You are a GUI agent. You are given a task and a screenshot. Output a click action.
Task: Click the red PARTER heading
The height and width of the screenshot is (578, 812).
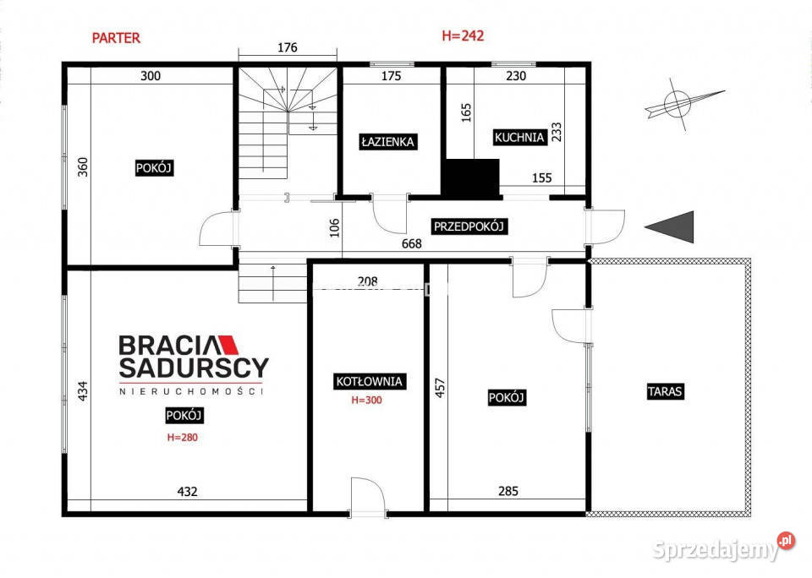click(x=116, y=38)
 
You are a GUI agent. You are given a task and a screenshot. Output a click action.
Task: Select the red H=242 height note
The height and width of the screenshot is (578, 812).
click(x=463, y=35)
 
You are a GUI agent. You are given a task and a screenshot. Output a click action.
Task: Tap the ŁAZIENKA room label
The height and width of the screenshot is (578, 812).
click(x=388, y=142)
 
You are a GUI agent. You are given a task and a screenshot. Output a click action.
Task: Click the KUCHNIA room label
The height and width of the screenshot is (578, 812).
click(x=519, y=138)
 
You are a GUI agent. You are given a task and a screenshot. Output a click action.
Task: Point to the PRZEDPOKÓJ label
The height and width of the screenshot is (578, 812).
click(x=469, y=226)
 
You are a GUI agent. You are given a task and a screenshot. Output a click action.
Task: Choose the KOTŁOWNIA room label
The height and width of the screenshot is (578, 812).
click(x=369, y=382)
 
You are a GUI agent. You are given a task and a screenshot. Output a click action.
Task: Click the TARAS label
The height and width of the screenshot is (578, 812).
click(x=665, y=391)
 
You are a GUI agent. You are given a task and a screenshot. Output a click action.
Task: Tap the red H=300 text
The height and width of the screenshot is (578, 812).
click(x=366, y=400)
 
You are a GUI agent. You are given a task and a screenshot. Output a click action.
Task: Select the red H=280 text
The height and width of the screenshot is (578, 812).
click(x=183, y=437)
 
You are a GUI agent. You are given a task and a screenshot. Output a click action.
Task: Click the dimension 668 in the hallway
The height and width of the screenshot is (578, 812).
click(x=412, y=243)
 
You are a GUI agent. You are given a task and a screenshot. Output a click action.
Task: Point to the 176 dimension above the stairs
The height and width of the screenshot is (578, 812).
click(x=288, y=47)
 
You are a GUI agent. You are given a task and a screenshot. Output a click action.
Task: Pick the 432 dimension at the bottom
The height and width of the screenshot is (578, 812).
click(x=188, y=492)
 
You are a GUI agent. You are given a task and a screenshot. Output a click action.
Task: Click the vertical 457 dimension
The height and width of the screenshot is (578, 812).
click(x=440, y=388)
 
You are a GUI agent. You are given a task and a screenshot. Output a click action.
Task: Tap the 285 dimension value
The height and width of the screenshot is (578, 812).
click(x=508, y=491)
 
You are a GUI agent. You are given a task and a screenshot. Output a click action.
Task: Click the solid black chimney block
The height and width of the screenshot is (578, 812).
click(x=470, y=179)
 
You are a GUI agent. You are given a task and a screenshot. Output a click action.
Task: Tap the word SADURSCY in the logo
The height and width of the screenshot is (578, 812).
click(x=194, y=368)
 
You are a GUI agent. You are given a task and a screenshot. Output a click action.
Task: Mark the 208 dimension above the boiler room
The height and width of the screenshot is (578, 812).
click(x=368, y=281)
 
